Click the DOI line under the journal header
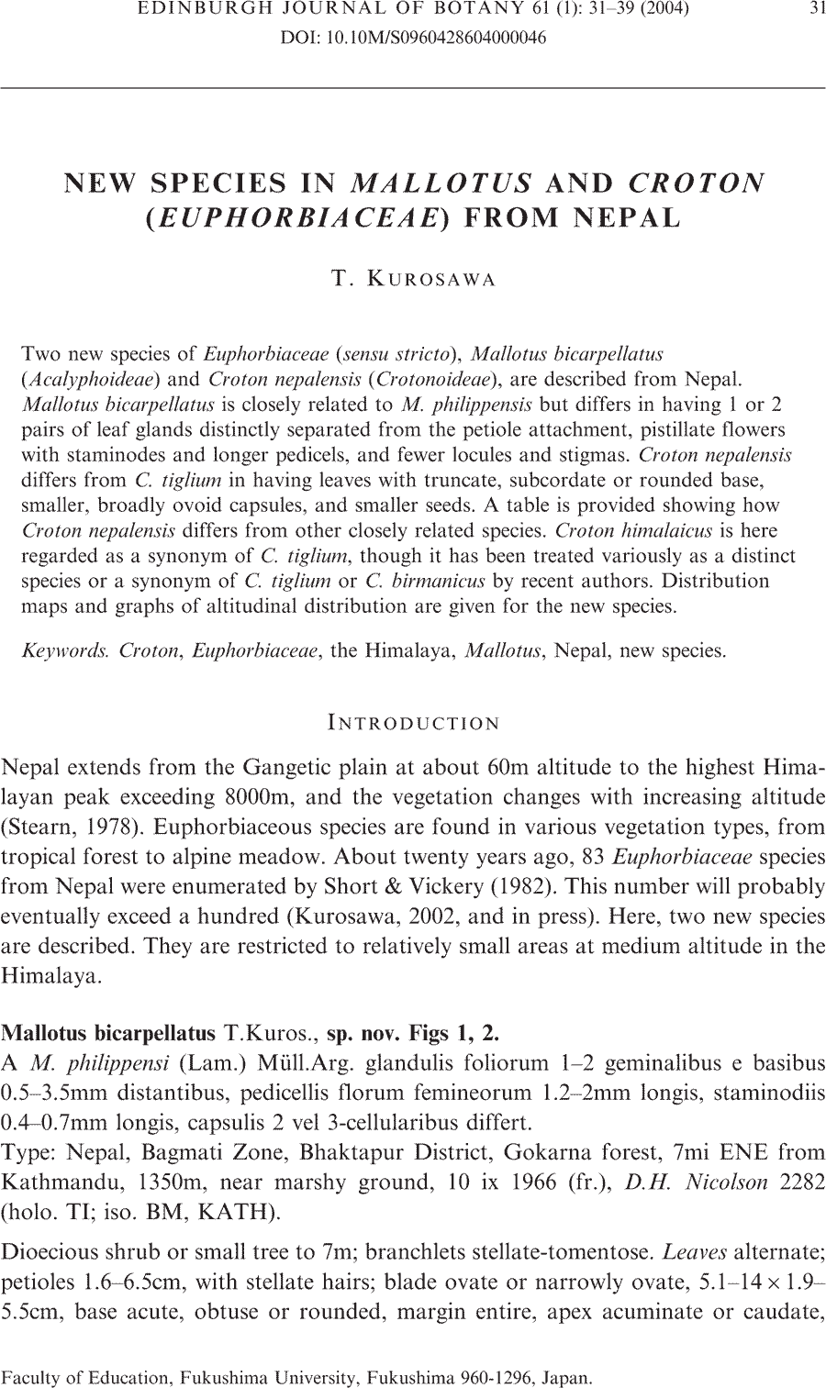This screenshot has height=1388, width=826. pyautogui.click(x=412, y=39)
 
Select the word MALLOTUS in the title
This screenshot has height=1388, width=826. pyautogui.click(x=441, y=183)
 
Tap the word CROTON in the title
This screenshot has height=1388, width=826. pyautogui.click(x=696, y=183)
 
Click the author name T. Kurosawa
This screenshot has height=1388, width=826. pyautogui.click(x=413, y=280)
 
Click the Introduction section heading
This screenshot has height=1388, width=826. pyautogui.click(x=413, y=723)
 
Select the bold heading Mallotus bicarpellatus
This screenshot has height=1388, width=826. pyautogui.click(x=109, y=1034)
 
